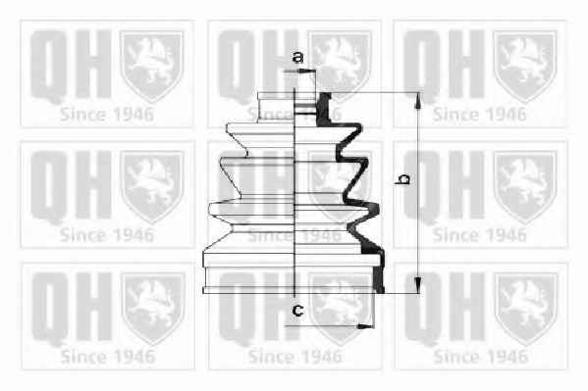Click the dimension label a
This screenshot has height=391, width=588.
click(x=297, y=57)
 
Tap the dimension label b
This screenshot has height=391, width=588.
click(x=403, y=178)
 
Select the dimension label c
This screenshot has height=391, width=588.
click(x=297, y=310)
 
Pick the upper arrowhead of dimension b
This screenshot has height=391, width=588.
click(x=417, y=100)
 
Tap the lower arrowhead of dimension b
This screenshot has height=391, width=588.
click(x=418, y=284)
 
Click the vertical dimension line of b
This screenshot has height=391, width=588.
click(x=418, y=192)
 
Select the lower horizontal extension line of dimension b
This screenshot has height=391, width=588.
click(x=402, y=293)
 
